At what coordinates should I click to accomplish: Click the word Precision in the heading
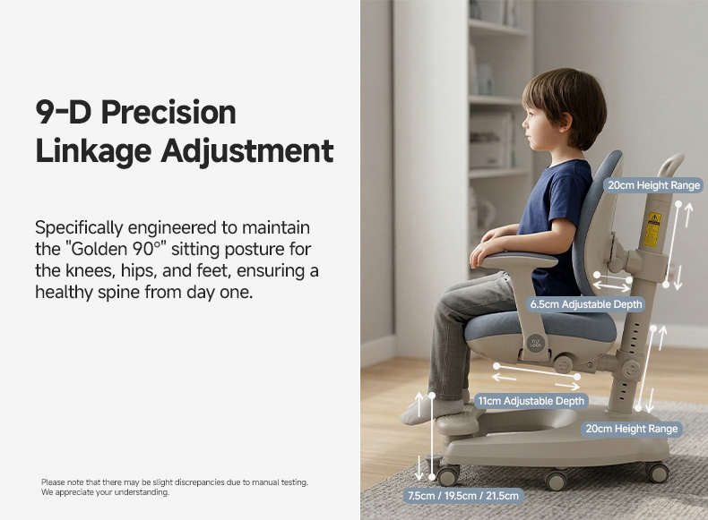(x=168, y=112)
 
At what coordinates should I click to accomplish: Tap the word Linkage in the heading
(x=93, y=150)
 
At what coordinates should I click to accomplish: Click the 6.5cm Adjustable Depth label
(x=585, y=304)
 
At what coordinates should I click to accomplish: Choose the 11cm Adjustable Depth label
(x=531, y=401)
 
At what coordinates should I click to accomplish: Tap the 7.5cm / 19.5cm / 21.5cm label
(x=463, y=496)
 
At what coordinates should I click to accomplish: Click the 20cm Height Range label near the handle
(x=653, y=185)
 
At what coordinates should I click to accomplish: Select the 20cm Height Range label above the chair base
(x=632, y=429)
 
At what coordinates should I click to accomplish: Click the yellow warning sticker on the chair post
(x=652, y=230)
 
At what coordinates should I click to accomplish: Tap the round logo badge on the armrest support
(x=536, y=343)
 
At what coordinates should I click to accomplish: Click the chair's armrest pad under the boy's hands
(x=520, y=260)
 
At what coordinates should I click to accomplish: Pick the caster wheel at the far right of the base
(x=658, y=473)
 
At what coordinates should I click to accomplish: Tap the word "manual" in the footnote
(x=265, y=482)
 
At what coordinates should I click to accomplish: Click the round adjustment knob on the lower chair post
(x=631, y=370)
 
